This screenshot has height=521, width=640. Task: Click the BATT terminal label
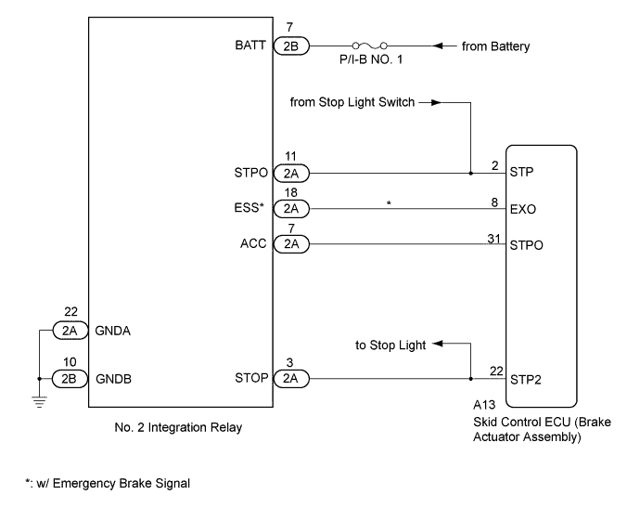pos(250,45)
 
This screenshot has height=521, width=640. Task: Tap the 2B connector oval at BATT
pos(290,45)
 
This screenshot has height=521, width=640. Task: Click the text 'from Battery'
pos(496,45)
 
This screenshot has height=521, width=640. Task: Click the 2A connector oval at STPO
pos(290,173)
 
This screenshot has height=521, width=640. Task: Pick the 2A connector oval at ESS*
pos(290,209)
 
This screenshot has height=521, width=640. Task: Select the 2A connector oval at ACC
pos(290,245)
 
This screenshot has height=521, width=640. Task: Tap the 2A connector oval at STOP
pos(290,378)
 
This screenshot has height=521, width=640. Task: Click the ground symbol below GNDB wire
pos(38,400)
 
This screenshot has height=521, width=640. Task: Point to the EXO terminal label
pos(523,210)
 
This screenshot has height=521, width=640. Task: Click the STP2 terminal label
pos(526,379)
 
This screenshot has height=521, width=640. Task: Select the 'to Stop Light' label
pos(390,345)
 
